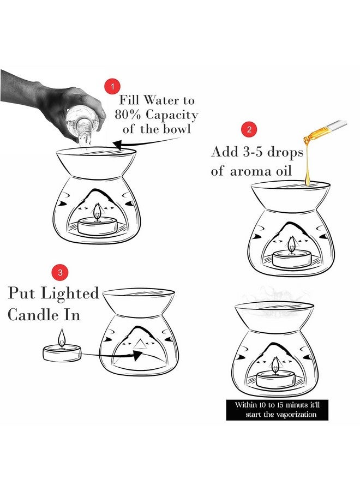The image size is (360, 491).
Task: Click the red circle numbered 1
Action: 113,86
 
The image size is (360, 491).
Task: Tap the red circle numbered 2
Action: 249,129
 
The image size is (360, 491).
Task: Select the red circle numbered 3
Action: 60,272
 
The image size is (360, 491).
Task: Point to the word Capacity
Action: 172,116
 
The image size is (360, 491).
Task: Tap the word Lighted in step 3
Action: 70,294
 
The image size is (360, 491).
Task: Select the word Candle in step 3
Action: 33,314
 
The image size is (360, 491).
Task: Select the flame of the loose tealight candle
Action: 62,337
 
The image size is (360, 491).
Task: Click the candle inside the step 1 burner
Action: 97,226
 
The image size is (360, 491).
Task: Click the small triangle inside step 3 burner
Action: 139,344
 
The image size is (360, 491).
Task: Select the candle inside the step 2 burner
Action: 292,259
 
